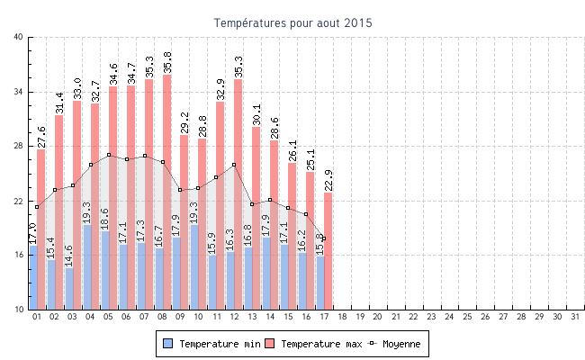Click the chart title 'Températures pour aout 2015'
click(292, 22)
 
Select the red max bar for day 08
click(166, 180)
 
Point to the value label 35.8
click(167, 63)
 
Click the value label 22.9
click(328, 180)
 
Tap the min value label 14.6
click(68, 256)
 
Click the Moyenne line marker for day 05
click(109, 155)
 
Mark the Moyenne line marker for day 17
click(324, 238)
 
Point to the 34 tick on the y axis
click(19, 92)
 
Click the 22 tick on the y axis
click(19, 201)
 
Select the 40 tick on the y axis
click(19, 37)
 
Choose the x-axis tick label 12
click(234, 317)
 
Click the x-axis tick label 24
click(449, 317)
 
